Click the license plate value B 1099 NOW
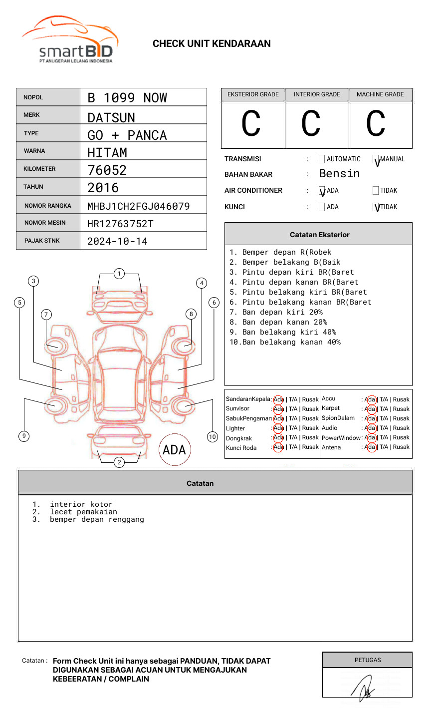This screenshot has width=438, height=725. pyautogui.click(x=127, y=98)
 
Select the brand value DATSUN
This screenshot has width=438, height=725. pyautogui.click(x=111, y=118)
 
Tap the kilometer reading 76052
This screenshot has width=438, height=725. pyautogui.click(x=107, y=170)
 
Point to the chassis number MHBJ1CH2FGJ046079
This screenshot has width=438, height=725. pyautogui.click(x=138, y=206)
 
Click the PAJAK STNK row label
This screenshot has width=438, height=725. pyautogui.click(x=42, y=241)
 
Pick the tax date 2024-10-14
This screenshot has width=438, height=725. pyautogui.click(x=117, y=242)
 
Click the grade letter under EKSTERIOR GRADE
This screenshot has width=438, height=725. pyautogui.click(x=251, y=124)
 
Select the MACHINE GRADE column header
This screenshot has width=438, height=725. pyautogui.click(x=380, y=94)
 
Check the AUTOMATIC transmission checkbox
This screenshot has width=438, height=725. pyautogui.click(x=322, y=159)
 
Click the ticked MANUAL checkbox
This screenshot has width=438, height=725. pyautogui.click(x=376, y=160)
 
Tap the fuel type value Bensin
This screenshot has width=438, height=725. pyautogui.click(x=339, y=174)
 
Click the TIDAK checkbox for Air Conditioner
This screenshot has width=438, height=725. pyautogui.click(x=376, y=191)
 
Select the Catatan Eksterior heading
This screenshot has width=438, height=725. pyautogui.click(x=319, y=235)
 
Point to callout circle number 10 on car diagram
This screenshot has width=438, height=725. pyautogui.click(x=213, y=437)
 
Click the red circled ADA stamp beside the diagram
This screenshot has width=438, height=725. pyautogui.click(x=175, y=449)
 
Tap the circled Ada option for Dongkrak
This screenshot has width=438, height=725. pyautogui.click(x=278, y=438)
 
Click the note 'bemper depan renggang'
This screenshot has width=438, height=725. pyautogui.click(x=97, y=519)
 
